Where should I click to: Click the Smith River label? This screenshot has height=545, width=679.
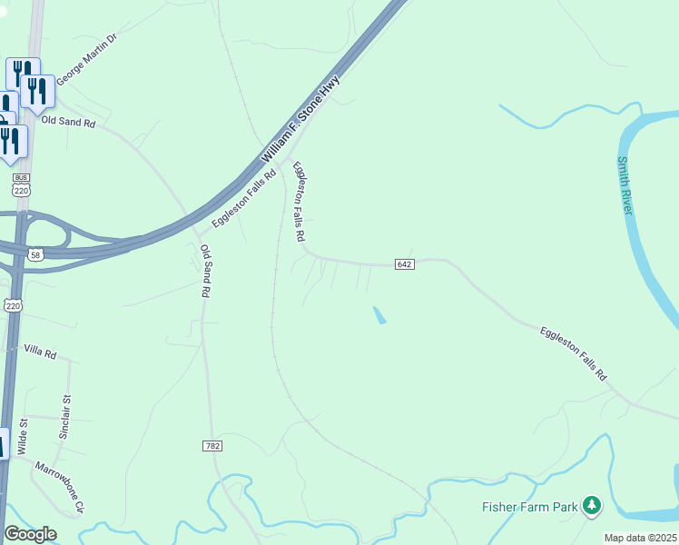(x=624, y=186)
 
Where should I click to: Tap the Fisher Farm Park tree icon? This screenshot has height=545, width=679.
(x=592, y=505)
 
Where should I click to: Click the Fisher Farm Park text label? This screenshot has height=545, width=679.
(x=529, y=507)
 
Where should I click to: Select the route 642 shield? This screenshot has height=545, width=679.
(x=405, y=263)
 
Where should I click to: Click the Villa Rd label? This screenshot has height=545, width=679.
(x=40, y=351)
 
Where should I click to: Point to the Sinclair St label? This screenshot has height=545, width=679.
(x=65, y=414)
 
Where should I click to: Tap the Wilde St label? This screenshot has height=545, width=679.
(x=25, y=435)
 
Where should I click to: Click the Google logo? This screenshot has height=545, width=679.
(x=30, y=534)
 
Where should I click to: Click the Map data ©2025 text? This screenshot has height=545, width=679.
(x=639, y=538)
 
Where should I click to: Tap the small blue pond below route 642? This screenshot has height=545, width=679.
(x=379, y=315)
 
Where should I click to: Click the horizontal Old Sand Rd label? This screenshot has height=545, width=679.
(x=68, y=121)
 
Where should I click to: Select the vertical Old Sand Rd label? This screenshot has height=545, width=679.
(x=206, y=272)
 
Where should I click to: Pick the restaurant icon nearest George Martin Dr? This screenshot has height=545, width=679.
(x=37, y=91)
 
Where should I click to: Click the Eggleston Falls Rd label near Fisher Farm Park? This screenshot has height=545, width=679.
(x=573, y=352)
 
